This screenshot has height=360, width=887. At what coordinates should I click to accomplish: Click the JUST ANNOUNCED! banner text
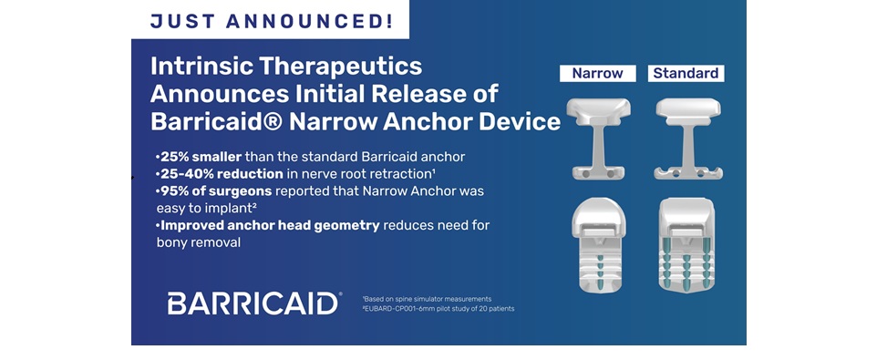[271, 21]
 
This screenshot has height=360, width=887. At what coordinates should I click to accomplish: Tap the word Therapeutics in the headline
[339, 67]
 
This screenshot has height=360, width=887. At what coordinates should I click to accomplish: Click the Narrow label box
[597, 74]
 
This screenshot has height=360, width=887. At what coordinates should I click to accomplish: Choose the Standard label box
[686, 74]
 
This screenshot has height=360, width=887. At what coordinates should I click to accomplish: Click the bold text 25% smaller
[201, 157]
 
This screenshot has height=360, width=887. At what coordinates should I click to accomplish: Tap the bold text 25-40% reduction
[222, 174]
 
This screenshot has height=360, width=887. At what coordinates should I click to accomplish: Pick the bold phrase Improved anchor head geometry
[270, 225]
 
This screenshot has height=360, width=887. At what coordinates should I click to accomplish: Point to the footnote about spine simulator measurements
[428, 298]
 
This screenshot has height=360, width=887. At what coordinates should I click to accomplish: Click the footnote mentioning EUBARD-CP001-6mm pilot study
[438, 309]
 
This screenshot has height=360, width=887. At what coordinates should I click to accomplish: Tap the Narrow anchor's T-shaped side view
[598, 139]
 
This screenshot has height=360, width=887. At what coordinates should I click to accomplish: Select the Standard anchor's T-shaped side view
[688, 139]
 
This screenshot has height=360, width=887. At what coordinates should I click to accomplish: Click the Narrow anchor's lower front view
[599, 245]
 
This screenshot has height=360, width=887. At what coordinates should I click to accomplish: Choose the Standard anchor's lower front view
[687, 245]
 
